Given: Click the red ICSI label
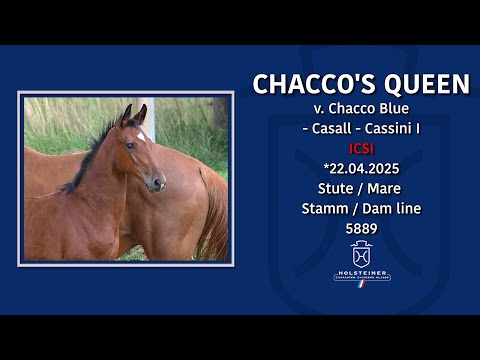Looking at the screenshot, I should pyautogui.click(x=361, y=148).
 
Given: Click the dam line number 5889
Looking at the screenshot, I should pyautogui.click(x=361, y=228).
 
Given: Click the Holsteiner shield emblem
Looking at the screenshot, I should pyautogui.click(x=361, y=253).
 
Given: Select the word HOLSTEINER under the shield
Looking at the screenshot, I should pyautogui.click(x=361, y=272).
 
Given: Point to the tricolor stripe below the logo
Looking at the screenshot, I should pyautogui.click(x=362, y=283).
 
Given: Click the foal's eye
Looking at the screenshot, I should pyautogui.click(x=130, y=146).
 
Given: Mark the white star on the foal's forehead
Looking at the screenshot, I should pyautogui.click(x=142, y=136).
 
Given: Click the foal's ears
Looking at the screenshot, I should pyautogui.click(x=132, y=115).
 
